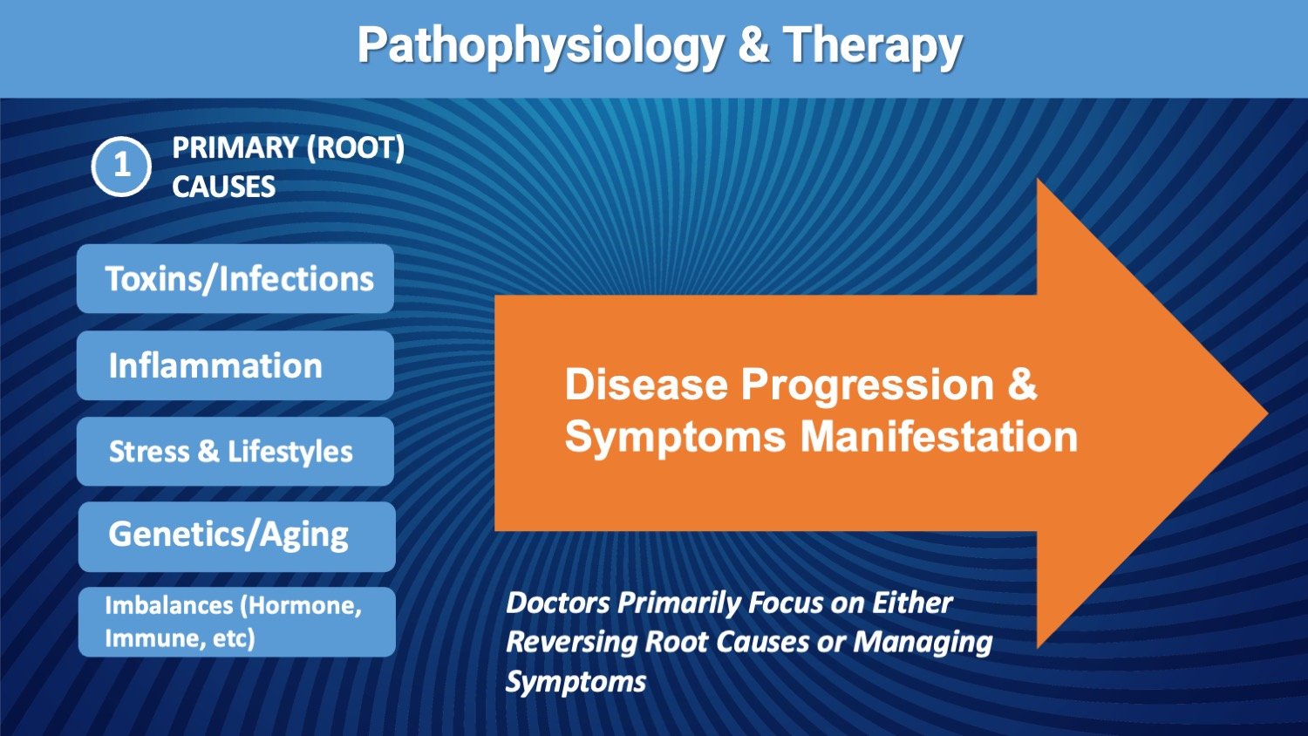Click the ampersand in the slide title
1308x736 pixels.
click(754, 44)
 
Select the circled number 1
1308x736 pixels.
click(121, 167)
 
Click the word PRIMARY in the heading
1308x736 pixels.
click(235, 147)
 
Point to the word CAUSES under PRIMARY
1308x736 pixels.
click(223, 187)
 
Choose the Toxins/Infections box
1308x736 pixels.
click(235, 279)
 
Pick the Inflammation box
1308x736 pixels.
click(235, 365)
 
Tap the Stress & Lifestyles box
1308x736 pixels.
click(235, 452)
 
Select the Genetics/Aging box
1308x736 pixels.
click(237, 537)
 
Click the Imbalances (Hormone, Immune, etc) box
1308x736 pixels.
click(237, 622)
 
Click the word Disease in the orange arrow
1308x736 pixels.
click(646, 385)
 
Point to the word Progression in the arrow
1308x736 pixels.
click(867, 386)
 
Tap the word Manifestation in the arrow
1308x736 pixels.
click(939, 436)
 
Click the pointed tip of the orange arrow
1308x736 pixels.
click(1267, 413)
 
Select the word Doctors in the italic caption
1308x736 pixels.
click(558, 603)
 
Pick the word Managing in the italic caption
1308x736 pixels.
click(923, 643)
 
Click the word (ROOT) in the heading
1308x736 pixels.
click(356, 148)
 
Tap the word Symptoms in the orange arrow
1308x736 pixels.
click(675, 438)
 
